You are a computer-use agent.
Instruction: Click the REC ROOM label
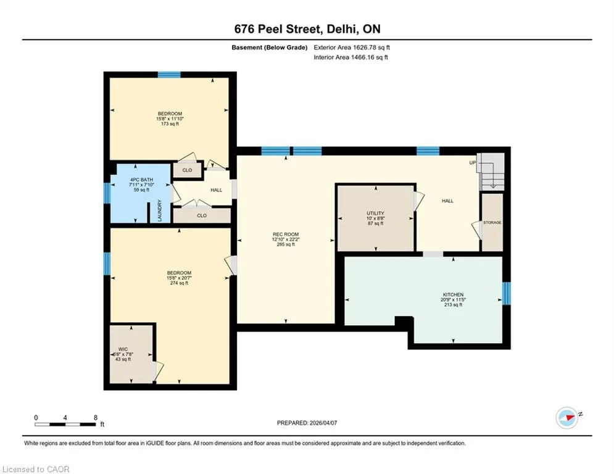[x=286, y=235]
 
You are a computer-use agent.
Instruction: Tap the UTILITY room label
[x=376, y=214]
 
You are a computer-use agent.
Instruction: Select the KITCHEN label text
[x=453, y=294]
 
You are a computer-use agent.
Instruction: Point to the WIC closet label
[x=123, y=349]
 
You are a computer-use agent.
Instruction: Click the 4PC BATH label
[x=142, y=180]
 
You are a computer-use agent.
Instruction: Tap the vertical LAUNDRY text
[x=160, y=210]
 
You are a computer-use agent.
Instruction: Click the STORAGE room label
[x=492, y=223]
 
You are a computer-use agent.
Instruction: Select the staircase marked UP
[x=491, y=172]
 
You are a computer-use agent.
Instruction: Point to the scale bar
[x=65, y=424]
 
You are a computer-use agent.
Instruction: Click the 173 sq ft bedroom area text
[x=170, y=124]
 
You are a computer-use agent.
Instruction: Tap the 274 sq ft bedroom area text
[x=180, y=283]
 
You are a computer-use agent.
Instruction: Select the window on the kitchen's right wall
[x=506, y=293]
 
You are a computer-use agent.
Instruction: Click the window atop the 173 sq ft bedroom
[x=169, y=75]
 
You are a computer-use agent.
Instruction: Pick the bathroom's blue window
[x=107, y=193]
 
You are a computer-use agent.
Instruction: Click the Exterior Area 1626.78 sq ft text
[x=352, y=48]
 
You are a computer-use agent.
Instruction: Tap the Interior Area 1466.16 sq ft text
[x=351, y=57]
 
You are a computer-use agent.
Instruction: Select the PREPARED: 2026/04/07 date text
[x=307, y=423]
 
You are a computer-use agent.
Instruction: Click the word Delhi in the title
[x=341, y=29]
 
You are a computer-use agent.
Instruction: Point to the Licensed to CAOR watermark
[x=36, y=469]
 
